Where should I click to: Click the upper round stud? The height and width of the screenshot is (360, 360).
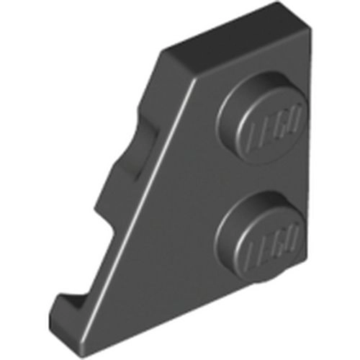(262, 117)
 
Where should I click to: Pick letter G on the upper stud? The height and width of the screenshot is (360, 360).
(280, 120)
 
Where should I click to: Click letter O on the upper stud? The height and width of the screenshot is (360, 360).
(293, 113)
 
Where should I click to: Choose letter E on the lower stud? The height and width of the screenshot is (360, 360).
(266, 246)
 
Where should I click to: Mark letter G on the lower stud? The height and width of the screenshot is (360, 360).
(279, 238)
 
